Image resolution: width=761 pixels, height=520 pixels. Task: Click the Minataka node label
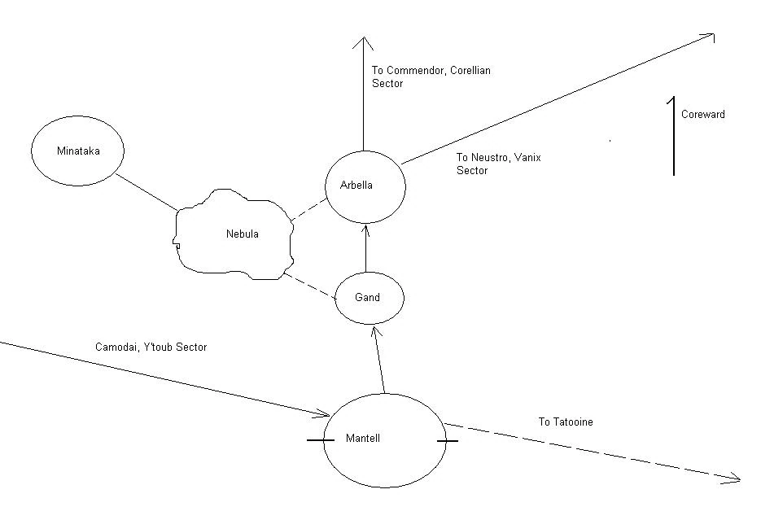(x=77, y=151)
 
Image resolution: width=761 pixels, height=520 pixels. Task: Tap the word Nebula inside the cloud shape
(x=242, y=234)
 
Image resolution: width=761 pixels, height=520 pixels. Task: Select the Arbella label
(x=356, y=186)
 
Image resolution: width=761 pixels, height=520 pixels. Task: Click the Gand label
(x=367, y=298)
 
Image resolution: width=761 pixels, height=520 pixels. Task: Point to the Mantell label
(x=362, y=439)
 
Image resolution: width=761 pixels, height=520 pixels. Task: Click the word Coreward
(x=702, y=115)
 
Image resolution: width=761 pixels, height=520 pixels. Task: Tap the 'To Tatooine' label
(x=565, y=422)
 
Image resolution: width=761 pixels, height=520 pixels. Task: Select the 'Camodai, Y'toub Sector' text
(x=151, y=347)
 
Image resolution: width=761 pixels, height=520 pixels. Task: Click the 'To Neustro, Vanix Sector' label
(x=488, y=164)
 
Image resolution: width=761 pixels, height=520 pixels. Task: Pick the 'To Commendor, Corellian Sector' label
(x=431, y=76)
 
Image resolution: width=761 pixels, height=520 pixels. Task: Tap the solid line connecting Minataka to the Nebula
(x=147, y=192)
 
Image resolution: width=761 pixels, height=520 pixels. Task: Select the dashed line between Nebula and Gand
(x=310, y=287)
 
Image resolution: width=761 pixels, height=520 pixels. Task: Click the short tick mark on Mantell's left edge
(x=320, y=441)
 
